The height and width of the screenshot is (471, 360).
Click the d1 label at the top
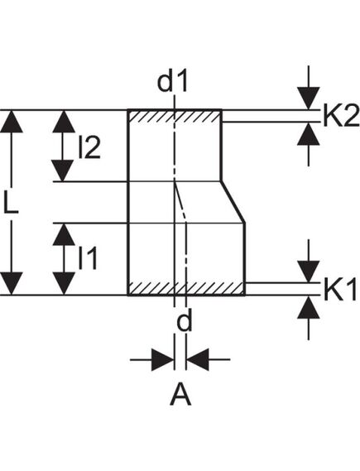pos(174,83)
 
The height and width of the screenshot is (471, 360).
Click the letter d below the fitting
pos(184,321)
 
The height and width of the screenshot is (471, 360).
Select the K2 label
pos(340,117)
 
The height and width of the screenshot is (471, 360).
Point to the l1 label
pos(88,259)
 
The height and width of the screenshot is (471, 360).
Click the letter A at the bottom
pos(180,397)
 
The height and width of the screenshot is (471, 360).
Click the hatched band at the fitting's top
pos(175,117)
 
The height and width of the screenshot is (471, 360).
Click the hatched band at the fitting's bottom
pos(186,289)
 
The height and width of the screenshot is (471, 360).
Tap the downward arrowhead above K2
pos(309,99)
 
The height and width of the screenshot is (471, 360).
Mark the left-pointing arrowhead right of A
pos(199,359)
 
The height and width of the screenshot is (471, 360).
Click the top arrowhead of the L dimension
pos(12,121)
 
